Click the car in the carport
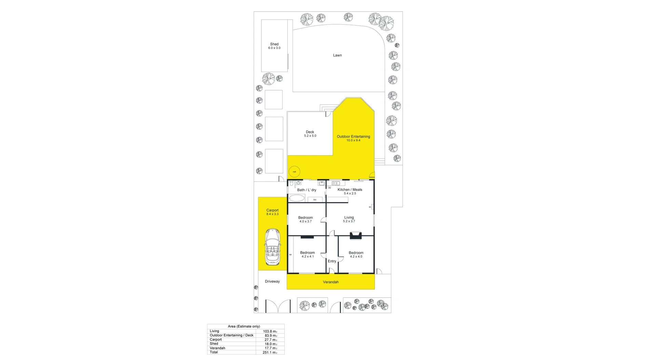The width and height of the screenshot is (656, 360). [272, 247]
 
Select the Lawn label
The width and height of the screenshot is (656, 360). [337, 55]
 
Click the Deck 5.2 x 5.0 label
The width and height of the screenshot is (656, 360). [310, 134]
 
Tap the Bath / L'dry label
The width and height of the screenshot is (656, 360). [306, 190]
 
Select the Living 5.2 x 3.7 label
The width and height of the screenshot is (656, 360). [349, 219]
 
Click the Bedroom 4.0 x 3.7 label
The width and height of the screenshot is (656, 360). [305, 219]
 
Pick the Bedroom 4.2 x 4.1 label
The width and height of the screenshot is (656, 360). [307, 254]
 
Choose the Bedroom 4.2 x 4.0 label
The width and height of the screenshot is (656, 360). [356, 254]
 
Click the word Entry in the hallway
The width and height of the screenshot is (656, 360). [332, 261]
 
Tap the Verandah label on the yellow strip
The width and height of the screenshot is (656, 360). [331, 282]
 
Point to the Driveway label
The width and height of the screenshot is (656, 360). [272, 281]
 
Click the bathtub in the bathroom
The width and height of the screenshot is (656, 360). [297, 198]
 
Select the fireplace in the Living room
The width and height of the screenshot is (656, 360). [356, 235]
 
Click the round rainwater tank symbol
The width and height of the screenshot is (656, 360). [294, 172]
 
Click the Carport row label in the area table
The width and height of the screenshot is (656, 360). [216, 340]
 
